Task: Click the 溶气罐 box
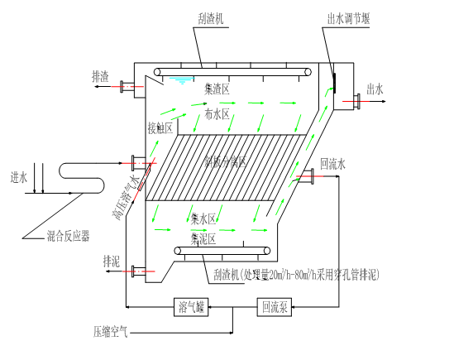click(192, 307)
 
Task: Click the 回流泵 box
click(275, 307)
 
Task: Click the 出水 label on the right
click(375, 91)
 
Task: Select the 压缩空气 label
click(110, 332)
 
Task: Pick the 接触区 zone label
click(160, 127)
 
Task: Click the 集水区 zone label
click(203, 219)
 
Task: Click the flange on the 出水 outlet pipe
click(358, 101)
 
